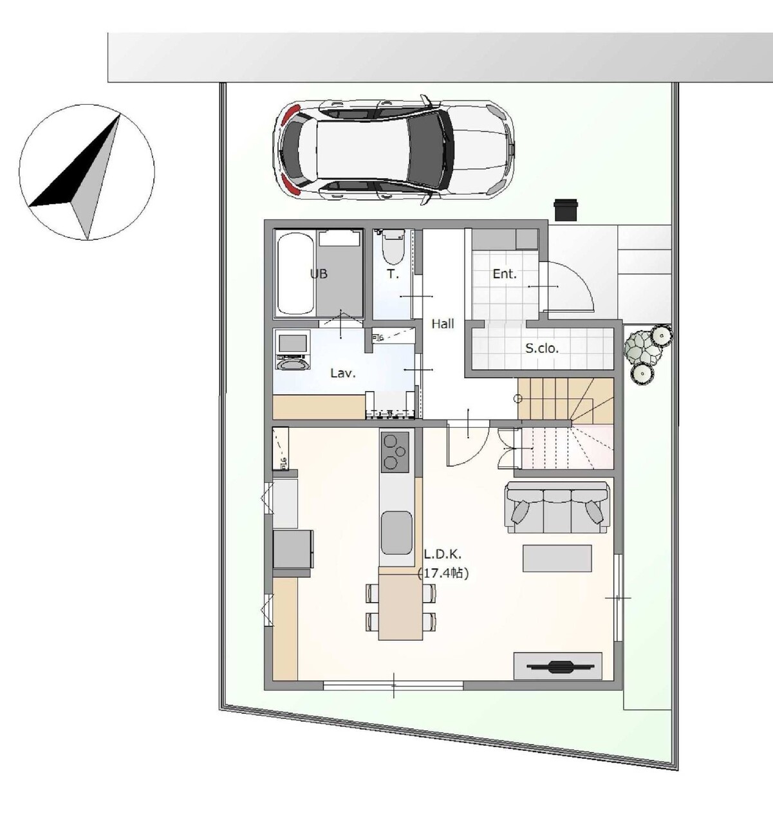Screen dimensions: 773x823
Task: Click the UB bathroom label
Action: pos(319,273)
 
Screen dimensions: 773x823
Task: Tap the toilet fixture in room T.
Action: pos(392,247)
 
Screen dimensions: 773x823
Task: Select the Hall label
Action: pos(442,324)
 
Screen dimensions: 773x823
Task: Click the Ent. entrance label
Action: pos(504,273)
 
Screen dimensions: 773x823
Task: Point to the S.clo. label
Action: pos(542,349)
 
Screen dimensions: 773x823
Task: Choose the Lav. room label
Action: pos(343,373)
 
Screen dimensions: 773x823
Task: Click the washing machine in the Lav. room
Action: pos(293,350)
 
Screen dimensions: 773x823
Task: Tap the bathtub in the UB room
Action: pos(295,273)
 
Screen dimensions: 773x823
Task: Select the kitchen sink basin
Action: pos(396,533)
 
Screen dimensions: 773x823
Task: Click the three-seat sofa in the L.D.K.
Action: pos(557,508)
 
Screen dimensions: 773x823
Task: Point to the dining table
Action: pos(400,607)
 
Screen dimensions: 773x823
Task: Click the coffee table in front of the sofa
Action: pos(557,559)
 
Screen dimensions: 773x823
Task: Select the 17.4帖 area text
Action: pos(443,573)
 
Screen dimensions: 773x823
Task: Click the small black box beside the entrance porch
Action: pos(566,210)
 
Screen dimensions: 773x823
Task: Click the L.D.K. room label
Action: pos(442,554)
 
